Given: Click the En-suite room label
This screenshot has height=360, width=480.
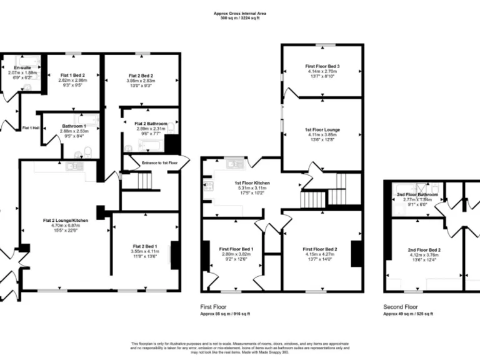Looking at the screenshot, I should point(22,67).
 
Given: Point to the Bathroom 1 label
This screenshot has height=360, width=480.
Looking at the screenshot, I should point(74,126).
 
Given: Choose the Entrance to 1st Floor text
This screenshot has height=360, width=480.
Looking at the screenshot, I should point(159,162).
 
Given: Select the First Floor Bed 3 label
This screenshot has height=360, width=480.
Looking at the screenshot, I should point(322,66).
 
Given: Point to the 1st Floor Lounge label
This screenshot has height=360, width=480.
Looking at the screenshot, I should point(322,129).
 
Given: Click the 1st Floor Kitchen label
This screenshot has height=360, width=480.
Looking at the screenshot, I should point(234,183).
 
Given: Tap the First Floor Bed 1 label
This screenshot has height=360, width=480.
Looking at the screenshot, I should point(236,248).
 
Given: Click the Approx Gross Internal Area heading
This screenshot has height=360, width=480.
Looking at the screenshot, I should point(240,12).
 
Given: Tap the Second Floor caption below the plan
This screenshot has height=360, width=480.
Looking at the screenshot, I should point(401,307).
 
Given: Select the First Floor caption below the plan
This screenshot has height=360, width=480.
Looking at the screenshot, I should point(213,307).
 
